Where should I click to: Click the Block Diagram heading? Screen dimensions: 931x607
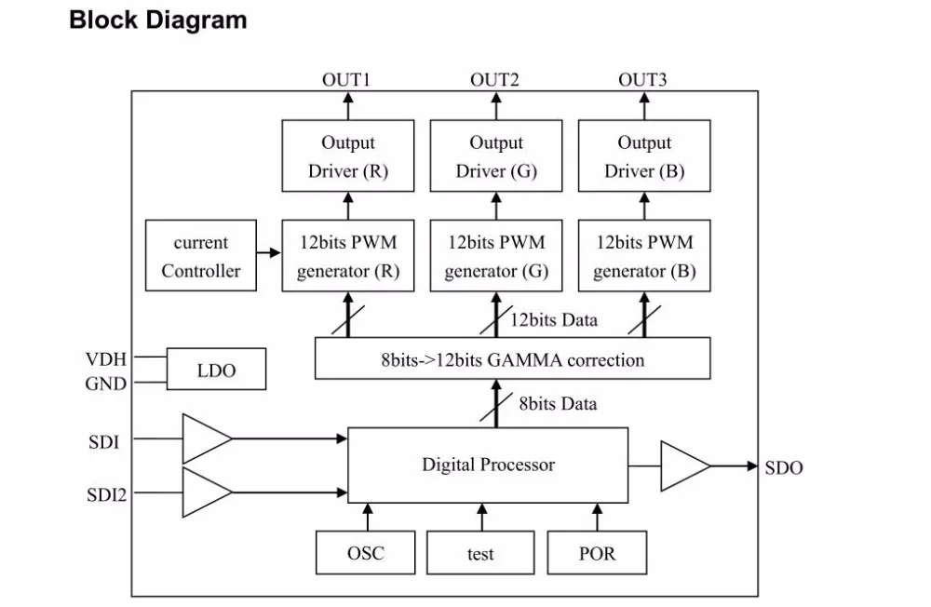pyautogui.click(x=158, y=20)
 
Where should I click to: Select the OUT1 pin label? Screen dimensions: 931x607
pyautogui.click(x=346, y=79)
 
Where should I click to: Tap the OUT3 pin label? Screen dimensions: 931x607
pyautogui.click(x=642, y=79)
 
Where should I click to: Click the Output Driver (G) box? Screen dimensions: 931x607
pyautogui.click(x=496, y=155)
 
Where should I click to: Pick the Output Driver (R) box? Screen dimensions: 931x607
pyautogui.click(x=348, y=155)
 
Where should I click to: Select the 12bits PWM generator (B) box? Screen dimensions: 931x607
pyautogui.click(x=644, y=255)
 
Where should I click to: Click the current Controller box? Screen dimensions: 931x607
pyautogui.click(x=201, y=255)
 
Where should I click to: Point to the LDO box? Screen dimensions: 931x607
pyautogui.click(x=216, y=369)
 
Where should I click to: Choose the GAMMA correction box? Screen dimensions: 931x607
pyautogui.click(x=512, y=358)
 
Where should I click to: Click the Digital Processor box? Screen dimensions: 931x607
pyautogui.click(x=488, y=465)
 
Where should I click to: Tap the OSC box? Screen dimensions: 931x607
pyautogui.click(x=365, y=553)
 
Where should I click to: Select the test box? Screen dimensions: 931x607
pyautogui.click(x=480, y=553)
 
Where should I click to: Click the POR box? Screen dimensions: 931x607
pyautogui.click(x=597, y=553)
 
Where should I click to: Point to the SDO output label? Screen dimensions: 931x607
pyautogui.click(x=784, y=468)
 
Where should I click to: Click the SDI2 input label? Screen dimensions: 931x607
pyautogui.click(x=107, y=494)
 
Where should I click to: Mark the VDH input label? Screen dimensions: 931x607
pyautogui.click(x=106, y=358)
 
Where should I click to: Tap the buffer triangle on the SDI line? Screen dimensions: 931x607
pyautogui.click(x=207, y=438)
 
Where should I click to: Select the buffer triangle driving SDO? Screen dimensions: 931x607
pyautogui.click(x=685, y=466)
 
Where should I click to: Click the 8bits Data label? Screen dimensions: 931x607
pyautogui.click(x=558, y=404)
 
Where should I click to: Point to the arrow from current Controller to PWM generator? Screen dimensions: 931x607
pyautogui.click(x=269, y=253)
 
